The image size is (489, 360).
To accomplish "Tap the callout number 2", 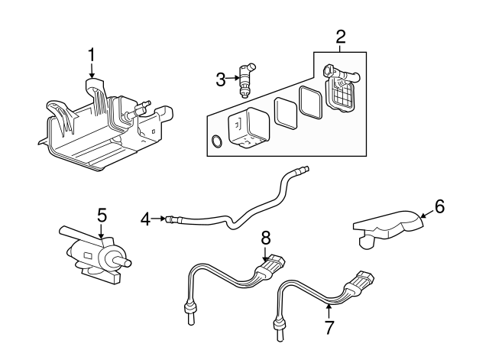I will pos(341,36).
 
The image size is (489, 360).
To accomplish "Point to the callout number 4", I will pos(146,220).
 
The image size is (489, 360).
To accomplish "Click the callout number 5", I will pos(102,215).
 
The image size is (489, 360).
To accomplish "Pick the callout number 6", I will pos(439,206).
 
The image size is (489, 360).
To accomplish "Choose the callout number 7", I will pos(329,327).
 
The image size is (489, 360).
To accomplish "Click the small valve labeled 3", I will pos(245,78).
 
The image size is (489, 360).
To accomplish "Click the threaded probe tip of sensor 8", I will pos(189,310).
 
